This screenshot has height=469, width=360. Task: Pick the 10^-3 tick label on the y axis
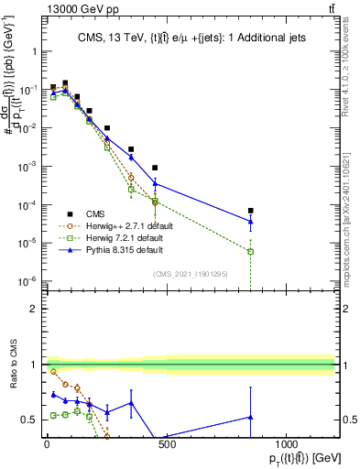(x=27, y=167)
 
